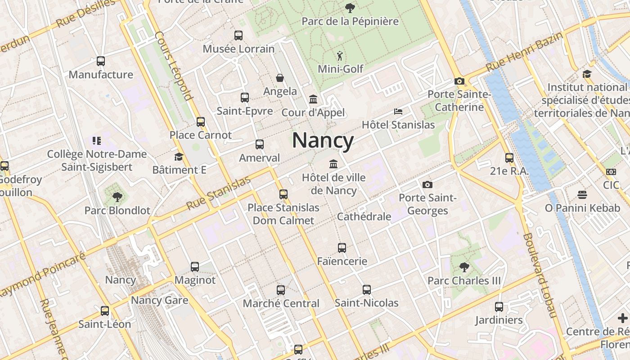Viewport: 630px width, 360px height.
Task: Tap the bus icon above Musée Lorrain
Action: click(238, 36)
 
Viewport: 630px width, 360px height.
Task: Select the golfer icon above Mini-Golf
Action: click(340, 56)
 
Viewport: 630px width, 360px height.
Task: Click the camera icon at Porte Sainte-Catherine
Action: click(459, 81)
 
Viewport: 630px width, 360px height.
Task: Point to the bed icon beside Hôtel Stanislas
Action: click(398, 111)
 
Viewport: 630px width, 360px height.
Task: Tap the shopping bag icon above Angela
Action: click(280, 78)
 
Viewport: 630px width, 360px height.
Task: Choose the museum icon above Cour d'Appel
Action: click(313, 99)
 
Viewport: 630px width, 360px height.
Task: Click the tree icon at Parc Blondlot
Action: click(117, 197)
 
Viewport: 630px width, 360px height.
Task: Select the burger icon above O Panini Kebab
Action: click(582, 195)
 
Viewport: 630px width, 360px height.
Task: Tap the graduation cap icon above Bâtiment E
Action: click(179, 157)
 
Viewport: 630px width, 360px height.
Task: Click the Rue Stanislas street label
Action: click(218, 193)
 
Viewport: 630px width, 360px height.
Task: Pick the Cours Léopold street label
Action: click(174, 65)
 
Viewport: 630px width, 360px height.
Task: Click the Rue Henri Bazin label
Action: click(524, 52)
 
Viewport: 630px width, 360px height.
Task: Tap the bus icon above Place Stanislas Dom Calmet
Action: click(283, 194)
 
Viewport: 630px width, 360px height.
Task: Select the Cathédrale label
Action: click(364, 216)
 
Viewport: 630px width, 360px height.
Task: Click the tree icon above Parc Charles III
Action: click(464, 267)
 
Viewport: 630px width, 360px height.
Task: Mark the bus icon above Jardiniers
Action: click(499, 307)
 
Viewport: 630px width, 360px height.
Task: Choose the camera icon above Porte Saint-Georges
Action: click(427, 184)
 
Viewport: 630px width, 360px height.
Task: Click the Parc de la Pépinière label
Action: click(350, 21)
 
